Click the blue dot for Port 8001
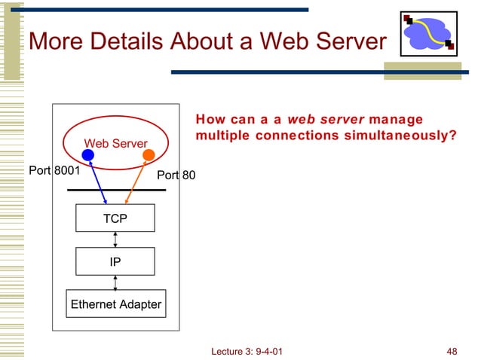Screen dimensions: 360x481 tap(87, 155)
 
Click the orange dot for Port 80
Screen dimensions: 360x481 tap(149, 155)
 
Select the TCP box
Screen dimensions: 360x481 tap(115, 218)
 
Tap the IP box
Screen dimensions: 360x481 tap(115, 261)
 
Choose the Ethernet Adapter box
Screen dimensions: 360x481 tap(115, 304)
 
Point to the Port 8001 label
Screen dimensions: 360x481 tap(54, 170)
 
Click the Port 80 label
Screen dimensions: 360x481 tap(176, 176)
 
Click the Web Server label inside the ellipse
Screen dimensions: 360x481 tap(115, 143)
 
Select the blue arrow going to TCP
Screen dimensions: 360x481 tap(97, 181)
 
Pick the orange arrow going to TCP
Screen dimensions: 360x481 tap(136, 181)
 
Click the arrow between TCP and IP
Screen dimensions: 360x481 tap(115, 239)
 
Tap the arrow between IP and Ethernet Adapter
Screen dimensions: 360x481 tap(115, 282)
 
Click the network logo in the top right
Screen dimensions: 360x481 tap(427, 34)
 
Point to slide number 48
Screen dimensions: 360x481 tap(452, 352)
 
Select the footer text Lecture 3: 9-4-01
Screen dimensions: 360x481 tap(249, 352)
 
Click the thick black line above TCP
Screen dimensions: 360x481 tap(116, 191)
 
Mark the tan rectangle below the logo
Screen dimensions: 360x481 tap(422, 71)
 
